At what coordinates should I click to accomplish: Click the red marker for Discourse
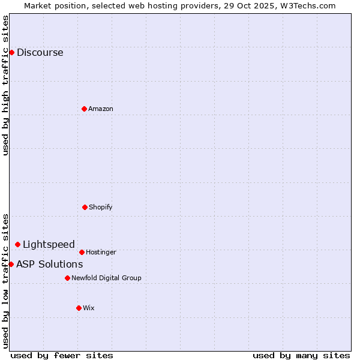(x=11, y=52)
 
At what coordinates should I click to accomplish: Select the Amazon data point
(x=84, y=109)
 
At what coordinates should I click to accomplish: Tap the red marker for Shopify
(x=85, y=207)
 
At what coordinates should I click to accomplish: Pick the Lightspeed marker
(x=17, y=244)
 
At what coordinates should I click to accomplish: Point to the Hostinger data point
(x=82, y=252)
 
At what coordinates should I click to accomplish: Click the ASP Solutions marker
(x=11, y=264)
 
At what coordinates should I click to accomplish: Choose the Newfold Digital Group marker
(x=67, y=278)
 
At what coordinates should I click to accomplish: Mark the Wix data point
(x=79, y=308)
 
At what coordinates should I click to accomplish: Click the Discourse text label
(x=40, y=52)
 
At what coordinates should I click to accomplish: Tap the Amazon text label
(x=101, y=109)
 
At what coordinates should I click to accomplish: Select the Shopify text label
(x=101, y=207)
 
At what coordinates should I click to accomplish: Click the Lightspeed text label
(x=49, y=244)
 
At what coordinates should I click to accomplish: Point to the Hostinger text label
(x=101, y=252)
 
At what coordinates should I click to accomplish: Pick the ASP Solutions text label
(x=49, y=264)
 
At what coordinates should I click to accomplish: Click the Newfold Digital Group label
(x=106, y=278)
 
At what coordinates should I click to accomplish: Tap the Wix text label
(x=89, y=308)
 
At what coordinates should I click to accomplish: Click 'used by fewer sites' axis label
(x=62, y=355)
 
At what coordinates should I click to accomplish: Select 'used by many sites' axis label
(x=301, y=355)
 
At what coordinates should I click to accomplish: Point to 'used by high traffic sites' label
(x=5, y=85)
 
